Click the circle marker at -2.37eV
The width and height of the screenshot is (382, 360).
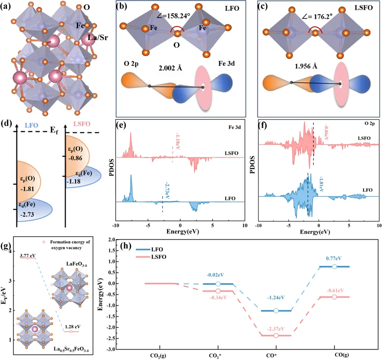point(276,335)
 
